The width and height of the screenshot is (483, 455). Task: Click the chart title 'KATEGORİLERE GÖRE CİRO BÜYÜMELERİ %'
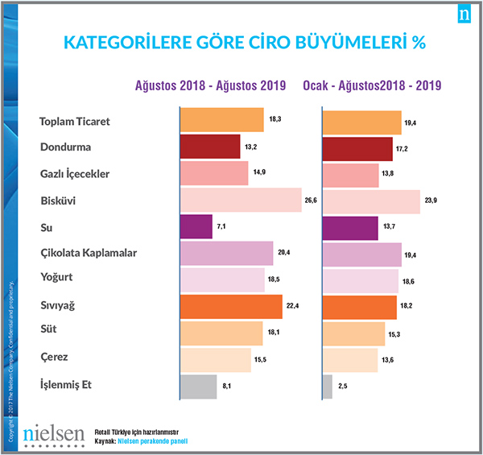point(245,41)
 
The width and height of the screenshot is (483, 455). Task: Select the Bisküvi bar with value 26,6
point(240,201)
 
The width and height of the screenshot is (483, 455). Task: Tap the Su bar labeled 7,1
point(196,227)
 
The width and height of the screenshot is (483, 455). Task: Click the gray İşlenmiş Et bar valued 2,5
point(327,387)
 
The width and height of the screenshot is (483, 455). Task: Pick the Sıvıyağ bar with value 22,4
point(231,307)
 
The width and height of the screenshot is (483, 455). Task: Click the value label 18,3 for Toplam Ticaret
point(275,118)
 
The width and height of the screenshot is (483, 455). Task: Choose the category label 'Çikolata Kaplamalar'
point(89,254)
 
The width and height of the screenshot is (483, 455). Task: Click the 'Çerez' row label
point(54,357)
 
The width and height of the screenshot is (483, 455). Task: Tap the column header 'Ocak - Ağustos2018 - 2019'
point(374,85)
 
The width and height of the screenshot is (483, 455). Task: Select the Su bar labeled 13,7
point(350,227)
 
